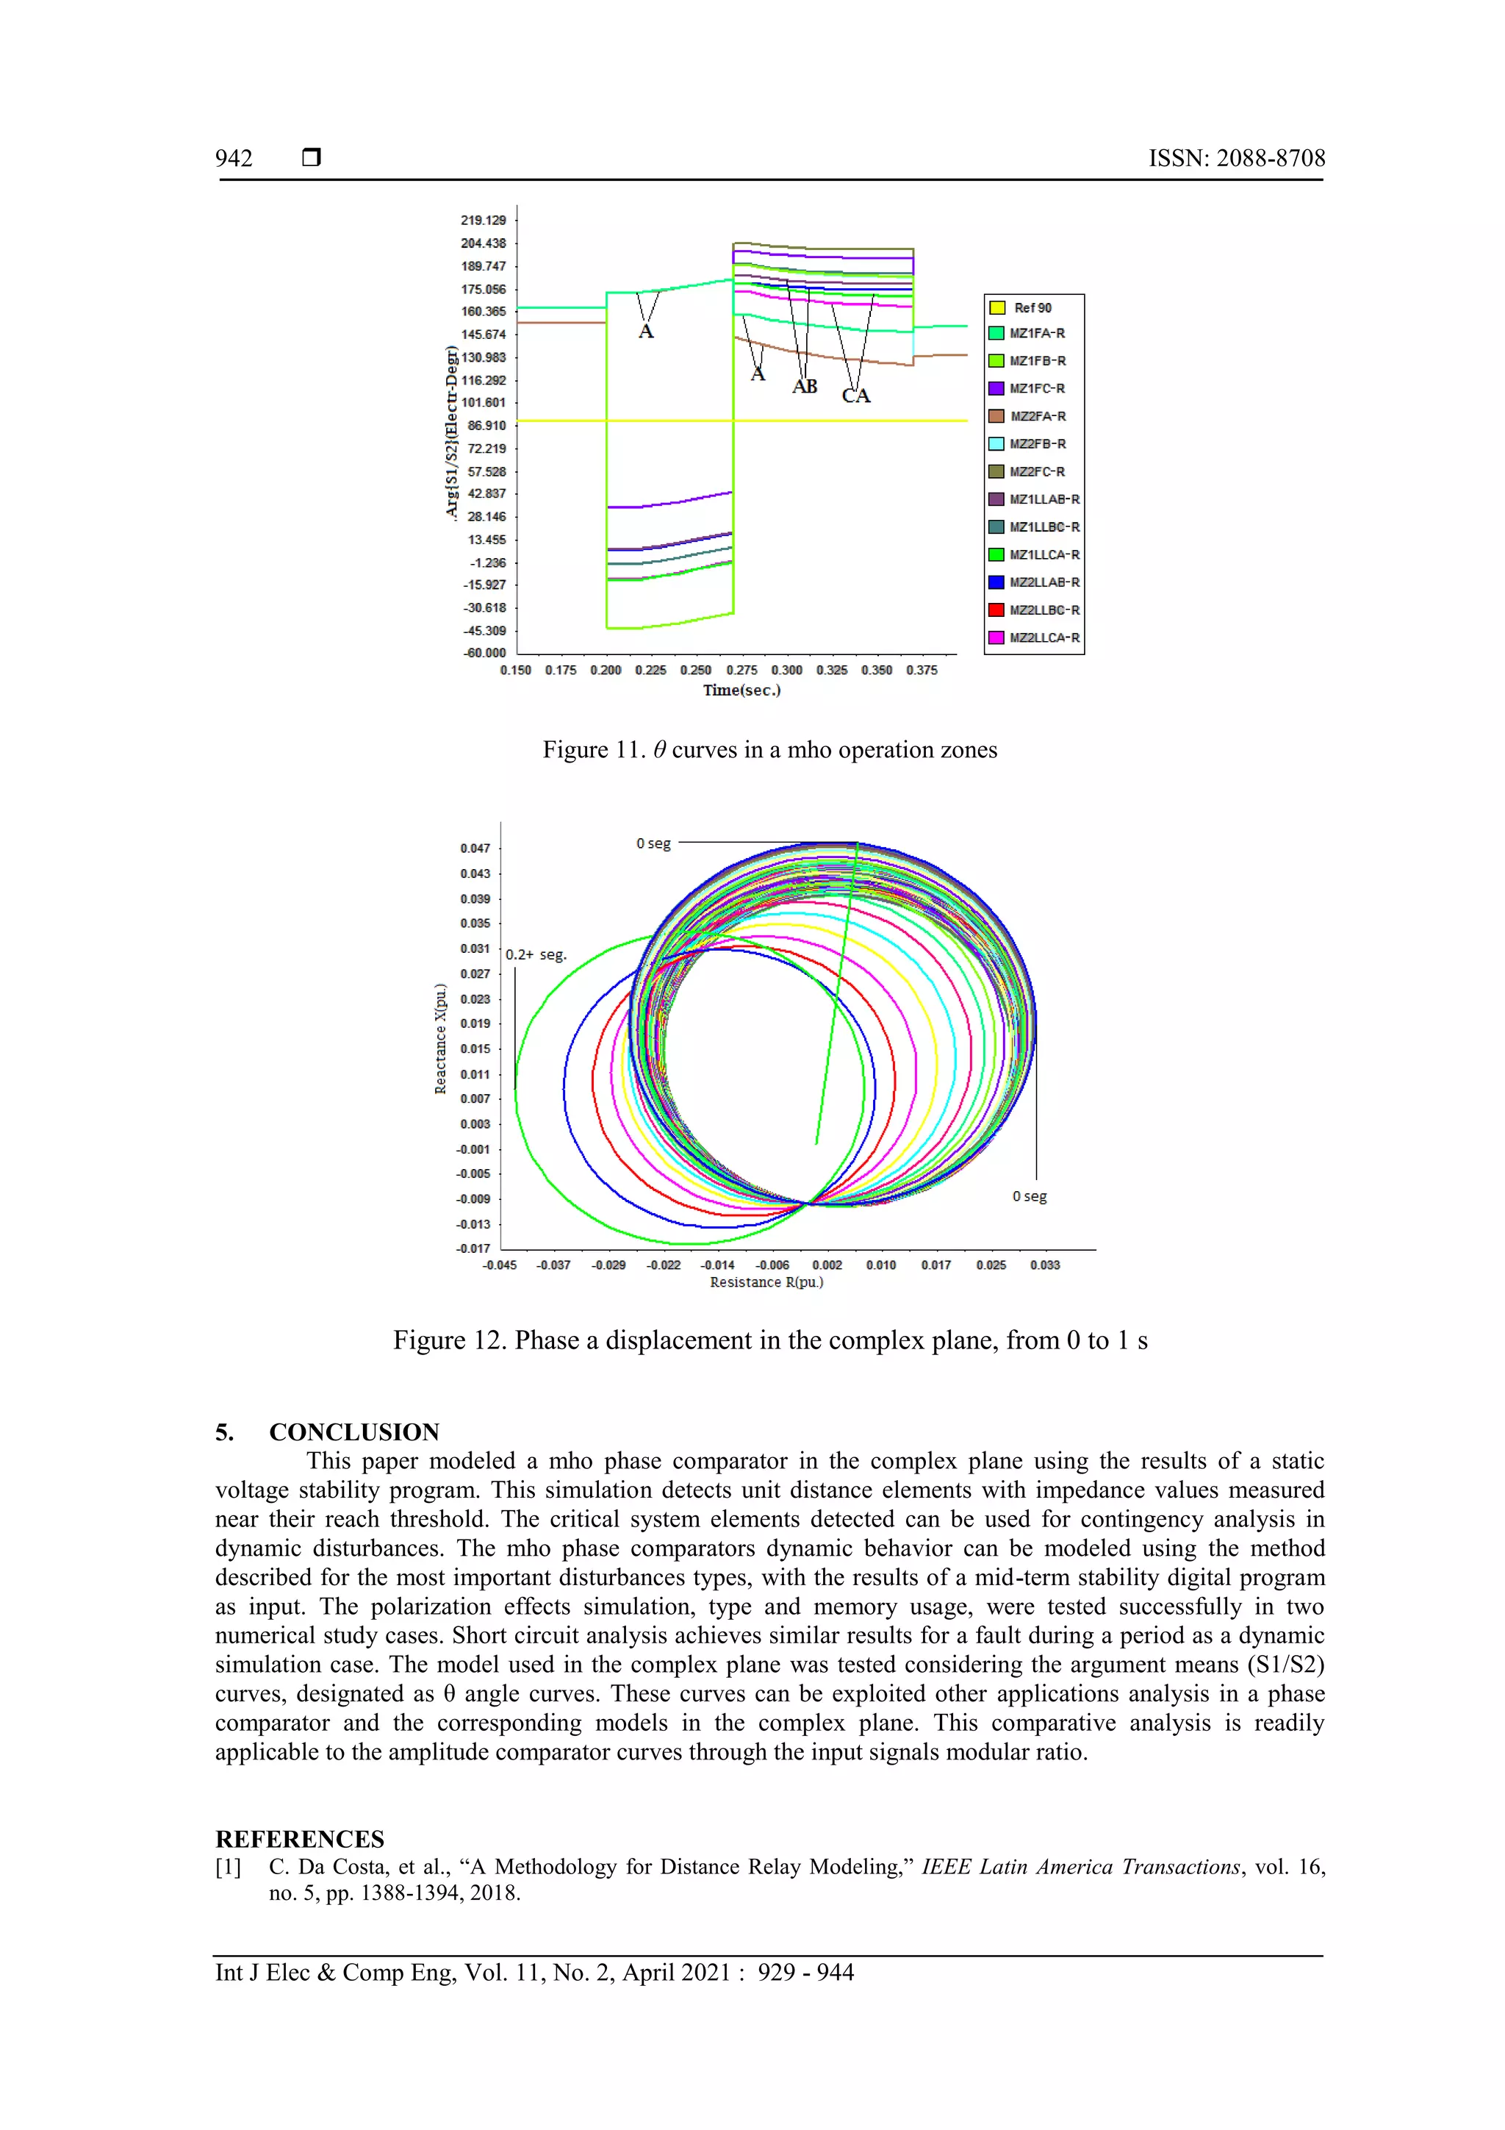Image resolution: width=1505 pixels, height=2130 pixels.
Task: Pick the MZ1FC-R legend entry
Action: click(1035, 389)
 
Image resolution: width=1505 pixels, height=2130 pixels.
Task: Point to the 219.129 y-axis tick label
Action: click(483, 221)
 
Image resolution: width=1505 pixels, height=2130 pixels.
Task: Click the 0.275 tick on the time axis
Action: click(741, 670)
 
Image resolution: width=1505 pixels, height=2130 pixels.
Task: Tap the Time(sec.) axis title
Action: click(741, 690)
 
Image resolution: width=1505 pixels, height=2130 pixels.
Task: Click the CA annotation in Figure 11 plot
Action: click(855, 396)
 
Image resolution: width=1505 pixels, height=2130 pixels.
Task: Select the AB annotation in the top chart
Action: click(804, 387)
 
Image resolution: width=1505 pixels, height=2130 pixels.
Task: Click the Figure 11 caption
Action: click(769, 750)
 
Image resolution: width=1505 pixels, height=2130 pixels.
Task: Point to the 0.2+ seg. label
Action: click(535, 954)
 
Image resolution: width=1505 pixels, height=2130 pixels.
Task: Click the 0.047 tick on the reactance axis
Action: click(475, 848)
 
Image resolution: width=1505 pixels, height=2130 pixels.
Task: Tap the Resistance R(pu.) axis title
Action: click(766, 1282)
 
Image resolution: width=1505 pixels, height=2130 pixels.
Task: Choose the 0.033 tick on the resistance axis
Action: click(1044, 1265)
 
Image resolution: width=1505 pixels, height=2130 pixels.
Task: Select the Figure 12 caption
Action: click(769, 1340)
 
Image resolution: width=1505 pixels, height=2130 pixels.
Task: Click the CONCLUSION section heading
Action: click(353, 1432)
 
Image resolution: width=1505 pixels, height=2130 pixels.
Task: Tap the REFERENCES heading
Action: click(300, 1839)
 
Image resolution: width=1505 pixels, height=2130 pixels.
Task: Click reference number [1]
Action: click(228, 1867)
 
